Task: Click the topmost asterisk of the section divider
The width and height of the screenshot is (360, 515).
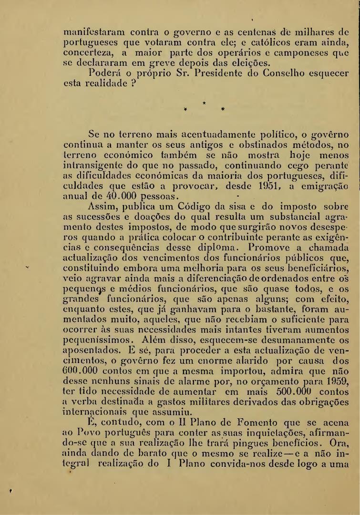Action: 204,103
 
